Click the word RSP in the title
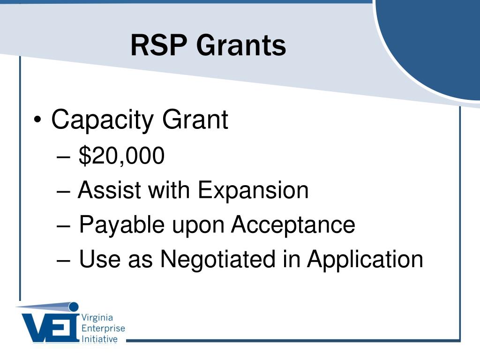point(158,45)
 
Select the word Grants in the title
point(241,45)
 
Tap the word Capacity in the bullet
point(102,120)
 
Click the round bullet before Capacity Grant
point(37,120)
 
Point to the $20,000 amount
point(121,156)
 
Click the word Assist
point(109,190)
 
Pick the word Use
point(99,259)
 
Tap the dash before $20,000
point(64,157)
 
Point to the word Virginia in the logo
point(97,318)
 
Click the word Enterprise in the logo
point(103,329)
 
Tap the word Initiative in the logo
point(99,339)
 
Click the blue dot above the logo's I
point(74,307)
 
